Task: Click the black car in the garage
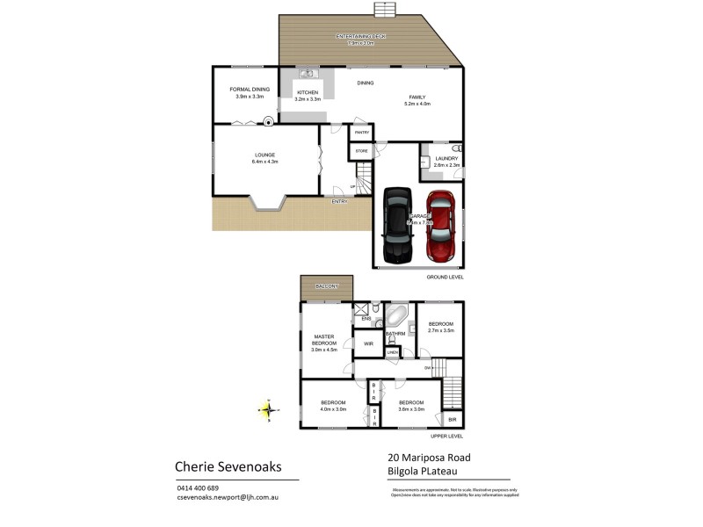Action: pos(396,225)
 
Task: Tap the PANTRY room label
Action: pos(361,134)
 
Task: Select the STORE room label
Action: pos(361,152)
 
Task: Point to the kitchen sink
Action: pos(307,75)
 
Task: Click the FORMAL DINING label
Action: pos(249,89)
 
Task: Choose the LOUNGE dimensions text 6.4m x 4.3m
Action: pos(265,162)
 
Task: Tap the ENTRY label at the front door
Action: pos(339,202)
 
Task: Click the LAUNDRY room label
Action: pos(446,159)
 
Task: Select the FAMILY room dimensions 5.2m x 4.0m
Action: pos(417,104)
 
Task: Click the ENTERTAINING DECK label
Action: pos(366,37)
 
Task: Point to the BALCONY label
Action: pos(327,286)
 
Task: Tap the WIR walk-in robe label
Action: pos(369,343)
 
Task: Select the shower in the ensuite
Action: pos(361,308)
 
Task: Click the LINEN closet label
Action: pos(392,353)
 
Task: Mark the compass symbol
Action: pos(268,408)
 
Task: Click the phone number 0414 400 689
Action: pos(198,488)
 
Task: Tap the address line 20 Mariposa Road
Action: pos(430,458)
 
